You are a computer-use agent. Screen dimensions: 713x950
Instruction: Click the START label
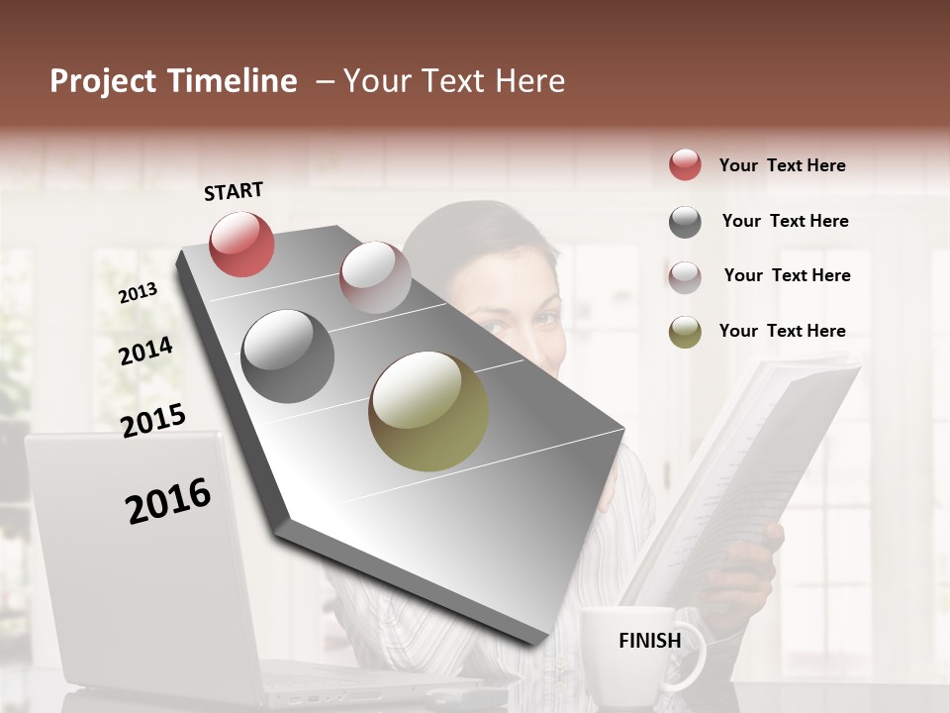(x=234, y=191)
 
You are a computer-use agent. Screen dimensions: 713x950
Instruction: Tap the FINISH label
(x=649, y=641)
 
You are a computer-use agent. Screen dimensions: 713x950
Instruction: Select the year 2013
(x=138, y=292)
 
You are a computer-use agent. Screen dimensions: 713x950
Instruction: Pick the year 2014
(x=145, y=351)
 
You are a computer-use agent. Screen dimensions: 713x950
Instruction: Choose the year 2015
(x=152, y=420)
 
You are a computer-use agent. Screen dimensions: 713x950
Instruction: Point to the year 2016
(x=168, y=500)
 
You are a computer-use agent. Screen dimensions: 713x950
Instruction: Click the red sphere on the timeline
(x=241, y=244)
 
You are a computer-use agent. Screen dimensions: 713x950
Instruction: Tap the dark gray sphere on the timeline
(x=287, y=356)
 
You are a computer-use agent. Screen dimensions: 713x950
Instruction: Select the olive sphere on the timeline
(x=428, y=411)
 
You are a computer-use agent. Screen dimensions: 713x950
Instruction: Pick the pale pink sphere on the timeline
(x=375, y=277)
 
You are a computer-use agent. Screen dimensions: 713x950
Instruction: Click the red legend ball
(x=685, y=165)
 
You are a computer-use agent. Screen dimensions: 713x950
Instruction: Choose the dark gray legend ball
(x=685, y=222)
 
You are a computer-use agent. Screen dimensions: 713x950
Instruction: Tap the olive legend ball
(x=685, y=332)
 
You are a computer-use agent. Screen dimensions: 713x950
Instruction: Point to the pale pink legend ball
(x=685, y=276)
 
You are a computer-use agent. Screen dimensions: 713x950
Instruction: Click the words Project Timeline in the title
(x=173, y=81)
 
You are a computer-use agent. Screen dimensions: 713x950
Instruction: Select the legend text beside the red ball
(x=782, y=165)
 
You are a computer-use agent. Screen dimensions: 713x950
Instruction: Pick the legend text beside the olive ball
(x=782, y=331)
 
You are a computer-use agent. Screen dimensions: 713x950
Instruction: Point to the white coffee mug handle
(x=692, y=655)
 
